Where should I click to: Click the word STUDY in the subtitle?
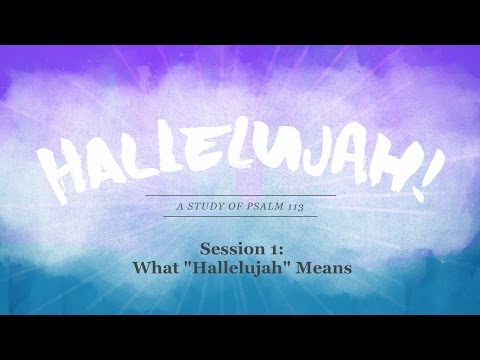(x=203, y=206)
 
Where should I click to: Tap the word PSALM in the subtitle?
(x=263, y=206)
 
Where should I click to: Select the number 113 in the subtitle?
(x=294, y=207)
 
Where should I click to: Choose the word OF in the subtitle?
(x=233, y=206)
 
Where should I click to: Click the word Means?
(x=323, y=268)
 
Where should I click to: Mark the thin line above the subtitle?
(x=241, y=195)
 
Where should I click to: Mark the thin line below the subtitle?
(x=240, y=216)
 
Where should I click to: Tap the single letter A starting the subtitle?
(x=180, y=206)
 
